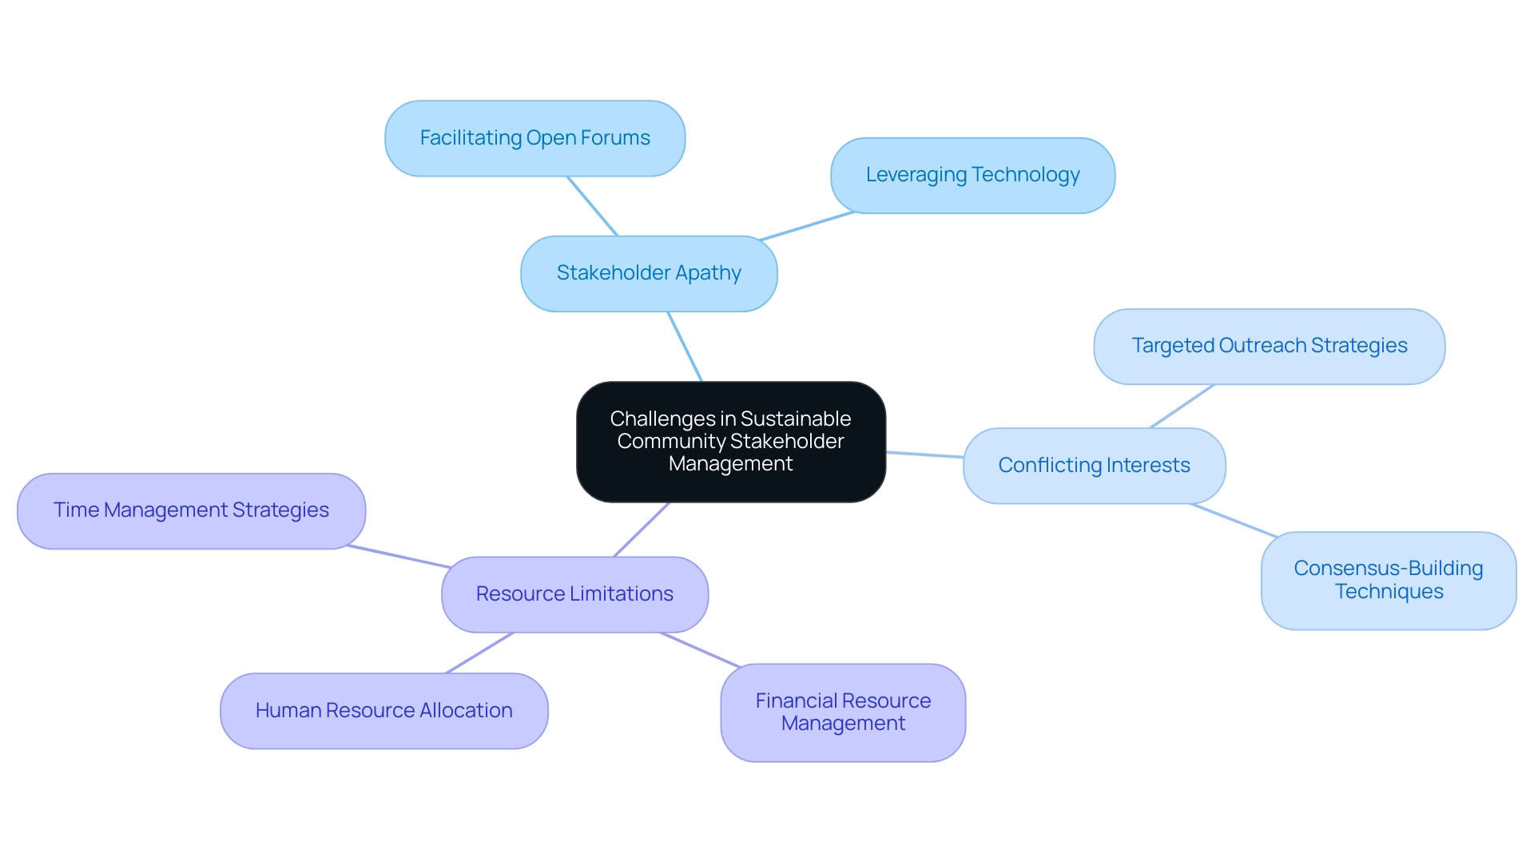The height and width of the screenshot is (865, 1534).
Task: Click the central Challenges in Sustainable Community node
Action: click(730, 442)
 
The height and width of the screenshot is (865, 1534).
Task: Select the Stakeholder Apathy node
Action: click(648, 273)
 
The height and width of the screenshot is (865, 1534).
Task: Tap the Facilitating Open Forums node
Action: click(535, 138)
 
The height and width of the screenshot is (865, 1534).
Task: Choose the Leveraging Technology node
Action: click(972, 175)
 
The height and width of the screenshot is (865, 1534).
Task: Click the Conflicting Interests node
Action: click(1094, 466)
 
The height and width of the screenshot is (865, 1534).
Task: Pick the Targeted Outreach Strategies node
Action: click(1269, 346)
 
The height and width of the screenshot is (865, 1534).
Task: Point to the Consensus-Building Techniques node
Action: click(1388, 581)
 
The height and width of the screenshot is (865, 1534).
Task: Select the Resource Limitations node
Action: click(574, 594)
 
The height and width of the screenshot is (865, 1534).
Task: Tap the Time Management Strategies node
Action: click(191, 510)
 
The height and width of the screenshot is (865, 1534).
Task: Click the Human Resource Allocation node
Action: click(383, 711)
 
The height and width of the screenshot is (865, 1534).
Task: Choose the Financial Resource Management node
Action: click(843, 712)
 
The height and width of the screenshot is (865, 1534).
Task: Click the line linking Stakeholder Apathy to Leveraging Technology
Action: click(807, 226)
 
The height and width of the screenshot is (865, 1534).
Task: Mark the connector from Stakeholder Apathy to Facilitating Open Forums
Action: click(592, 206)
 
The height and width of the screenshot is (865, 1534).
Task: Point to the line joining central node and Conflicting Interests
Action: click(924, 454)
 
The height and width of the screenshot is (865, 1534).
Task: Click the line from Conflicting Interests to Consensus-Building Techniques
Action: click(1234, 520)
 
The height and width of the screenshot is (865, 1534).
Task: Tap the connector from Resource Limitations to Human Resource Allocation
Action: click(479, 653)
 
